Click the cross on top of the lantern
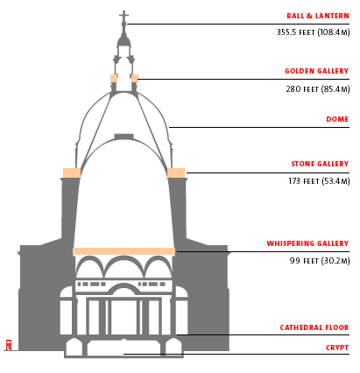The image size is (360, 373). (124, 17)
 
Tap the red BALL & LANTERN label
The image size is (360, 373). (318, 16)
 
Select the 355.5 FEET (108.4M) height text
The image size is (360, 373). (313, 32)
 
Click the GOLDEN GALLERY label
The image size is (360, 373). (317, 71)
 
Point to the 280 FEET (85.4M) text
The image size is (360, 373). (318, 89)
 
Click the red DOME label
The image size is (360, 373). (337, 119)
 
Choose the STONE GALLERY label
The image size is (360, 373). (320, 164)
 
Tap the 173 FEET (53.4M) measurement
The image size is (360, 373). (319, 181)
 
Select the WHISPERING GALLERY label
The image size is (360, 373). (307, 243)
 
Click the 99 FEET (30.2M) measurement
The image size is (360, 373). (320, 260)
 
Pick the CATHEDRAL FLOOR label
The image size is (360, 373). (314, 327)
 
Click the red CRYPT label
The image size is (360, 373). (337, 348)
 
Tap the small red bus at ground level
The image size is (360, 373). (9, 345)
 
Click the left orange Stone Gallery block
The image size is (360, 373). (72, 172)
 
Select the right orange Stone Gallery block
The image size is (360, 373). (176, 172)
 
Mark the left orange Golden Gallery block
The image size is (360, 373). (114, 79)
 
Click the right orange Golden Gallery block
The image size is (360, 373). (135, 79)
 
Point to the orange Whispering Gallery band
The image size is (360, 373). (124, 251)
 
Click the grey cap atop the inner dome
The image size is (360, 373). (124, 137)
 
